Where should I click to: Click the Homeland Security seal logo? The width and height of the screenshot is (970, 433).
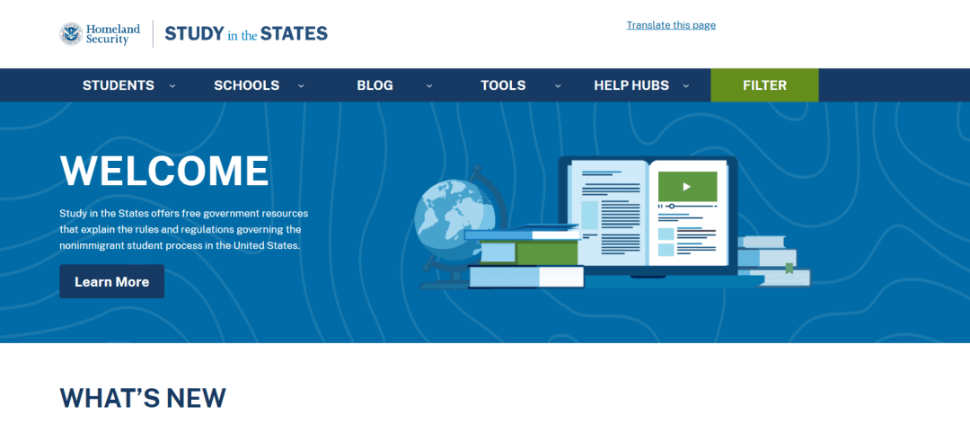click(x=71, y=34)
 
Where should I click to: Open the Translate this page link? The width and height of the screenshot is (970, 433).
click(x=671, y=25)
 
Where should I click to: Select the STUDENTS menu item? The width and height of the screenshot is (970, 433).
click(x=119, y=85)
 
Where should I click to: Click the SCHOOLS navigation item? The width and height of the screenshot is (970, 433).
click(x=247, y=85)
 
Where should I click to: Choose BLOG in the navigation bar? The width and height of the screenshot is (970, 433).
click(x=375, y=85)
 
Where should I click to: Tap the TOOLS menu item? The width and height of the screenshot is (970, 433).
click(x=504, y=85)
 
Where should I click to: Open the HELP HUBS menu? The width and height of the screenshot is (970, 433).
click(x=631, y=85)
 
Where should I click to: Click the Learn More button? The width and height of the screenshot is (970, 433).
click(x=112, y=281)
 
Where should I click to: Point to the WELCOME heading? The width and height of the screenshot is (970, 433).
click(x=164, y=171)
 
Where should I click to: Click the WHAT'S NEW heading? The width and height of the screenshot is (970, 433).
click(x=143, y=398)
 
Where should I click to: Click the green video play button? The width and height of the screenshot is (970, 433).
click(x=687, y=186)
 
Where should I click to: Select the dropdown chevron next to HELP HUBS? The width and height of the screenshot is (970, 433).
click(x=686, y=86)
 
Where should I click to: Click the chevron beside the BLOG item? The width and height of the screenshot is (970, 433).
click(x=429, y=86)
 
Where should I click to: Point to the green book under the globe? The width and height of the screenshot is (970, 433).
click(x=529, y=252)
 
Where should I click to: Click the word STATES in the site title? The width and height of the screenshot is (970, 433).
click(x=294, y=33)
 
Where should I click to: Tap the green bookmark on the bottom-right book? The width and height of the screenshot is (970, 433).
click(x=789, y=268)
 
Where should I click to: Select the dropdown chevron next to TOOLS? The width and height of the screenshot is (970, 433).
click(x=558, y=86)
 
